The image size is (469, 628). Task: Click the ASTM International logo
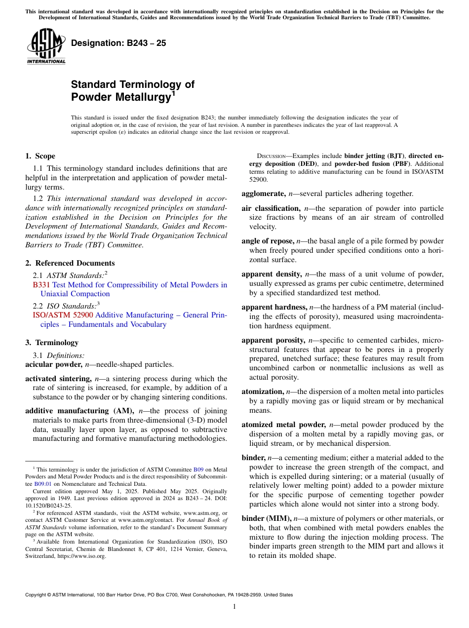[x=46, y=46]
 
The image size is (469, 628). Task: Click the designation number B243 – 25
[x=118, y=43]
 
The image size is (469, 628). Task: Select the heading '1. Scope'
[x=40, y=156]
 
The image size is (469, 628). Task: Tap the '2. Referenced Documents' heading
[x=70, y=263]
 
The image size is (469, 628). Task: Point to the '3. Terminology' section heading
[x=51, y=343]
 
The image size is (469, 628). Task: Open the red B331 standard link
[x=38, y=285]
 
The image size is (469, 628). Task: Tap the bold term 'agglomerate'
[x=263, y=194]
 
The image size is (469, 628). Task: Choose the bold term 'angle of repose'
[x=267, y=241]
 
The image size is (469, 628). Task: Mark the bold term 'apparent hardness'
[x=274, y=308]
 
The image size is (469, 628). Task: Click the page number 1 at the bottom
[x=234, y=607]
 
